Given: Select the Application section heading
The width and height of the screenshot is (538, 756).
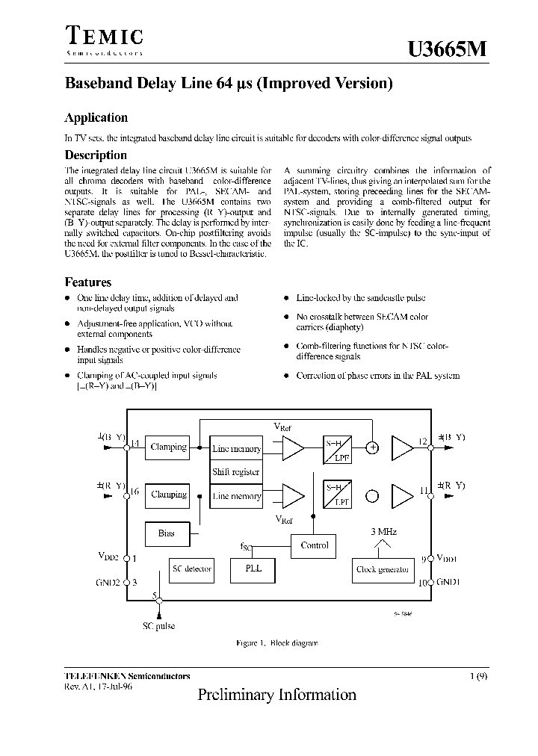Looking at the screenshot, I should point(96,118).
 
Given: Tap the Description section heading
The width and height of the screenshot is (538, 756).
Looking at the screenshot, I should point(96,155).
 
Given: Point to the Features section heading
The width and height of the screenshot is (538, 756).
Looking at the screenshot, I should point(88,282).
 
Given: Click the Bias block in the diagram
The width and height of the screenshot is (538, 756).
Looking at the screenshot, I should point(167,533).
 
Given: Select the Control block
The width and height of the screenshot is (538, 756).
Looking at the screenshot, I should point(314,545).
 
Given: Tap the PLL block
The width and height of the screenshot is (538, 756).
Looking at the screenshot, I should point(253,569).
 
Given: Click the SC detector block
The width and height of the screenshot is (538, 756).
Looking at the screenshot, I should point(192,569).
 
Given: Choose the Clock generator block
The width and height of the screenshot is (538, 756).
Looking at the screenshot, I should point(382,570).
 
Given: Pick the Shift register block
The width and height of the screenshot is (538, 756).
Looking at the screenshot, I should point(236,472).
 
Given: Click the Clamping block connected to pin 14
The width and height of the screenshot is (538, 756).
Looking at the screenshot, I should point(169,447).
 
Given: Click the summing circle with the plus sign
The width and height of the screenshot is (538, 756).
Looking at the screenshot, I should point(372,448).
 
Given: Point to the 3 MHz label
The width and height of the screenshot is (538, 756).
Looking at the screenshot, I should point(383,532).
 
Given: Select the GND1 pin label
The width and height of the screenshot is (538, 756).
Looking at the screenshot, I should point(449,582).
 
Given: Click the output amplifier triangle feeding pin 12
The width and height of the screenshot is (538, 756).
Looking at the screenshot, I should point(402,448).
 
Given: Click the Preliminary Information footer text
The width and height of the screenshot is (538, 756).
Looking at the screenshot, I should point(276,695).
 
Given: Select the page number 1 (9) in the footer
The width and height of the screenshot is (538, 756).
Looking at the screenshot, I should point(479,676).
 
